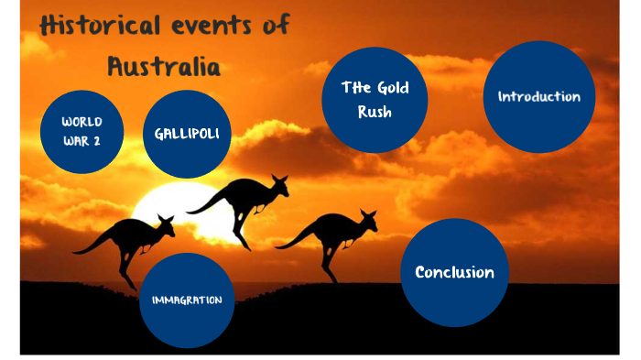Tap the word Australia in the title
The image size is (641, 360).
(164, 66)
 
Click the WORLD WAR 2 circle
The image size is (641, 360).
(81, 132)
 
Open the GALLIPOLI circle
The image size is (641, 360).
(187, 134)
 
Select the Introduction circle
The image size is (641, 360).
(538, 97)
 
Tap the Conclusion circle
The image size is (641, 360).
(454, 272)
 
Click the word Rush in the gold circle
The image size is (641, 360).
(375, 113)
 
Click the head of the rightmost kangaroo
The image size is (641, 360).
(368, 218)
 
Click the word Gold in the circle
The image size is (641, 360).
(391, 88)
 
